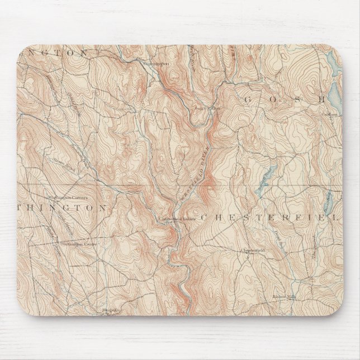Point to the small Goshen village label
pyautogui.click(x=330, y=114)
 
